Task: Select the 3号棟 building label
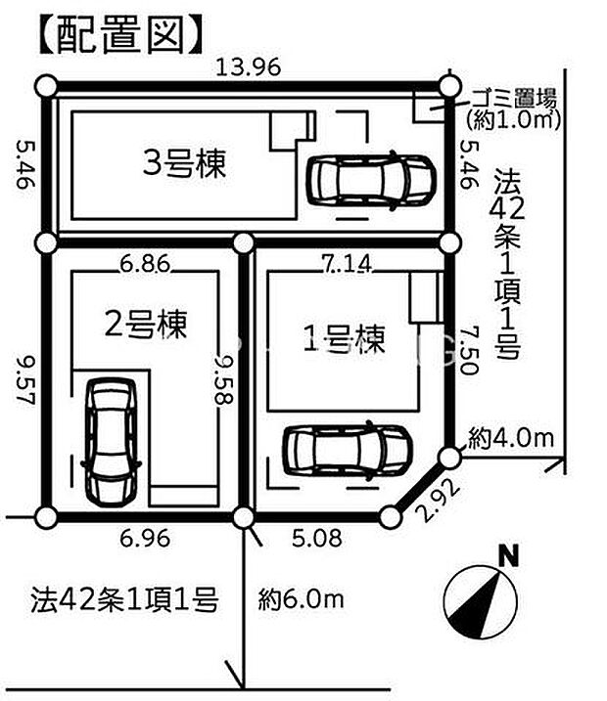coord(183,161)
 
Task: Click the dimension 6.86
coord(144,263)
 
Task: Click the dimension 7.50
coord(468,353)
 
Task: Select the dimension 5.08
coord(319,536)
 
